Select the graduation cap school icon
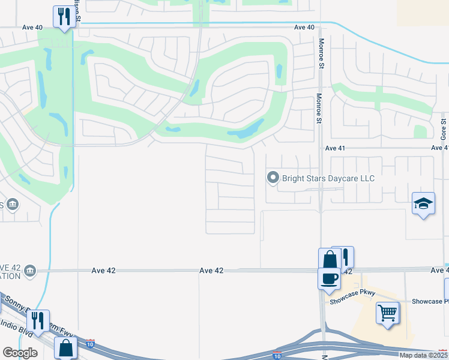tap(423, 203)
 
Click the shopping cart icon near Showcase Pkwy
tap(387, 312)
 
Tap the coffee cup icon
tap(329, 278)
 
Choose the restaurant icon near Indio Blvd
tap(38, 320)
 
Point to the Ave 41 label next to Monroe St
tap(337, 148)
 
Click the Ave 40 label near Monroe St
tap(304, 27)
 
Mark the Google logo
tap(20, 353)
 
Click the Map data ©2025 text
tap(423, 355)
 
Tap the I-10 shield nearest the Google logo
tap(90, 344)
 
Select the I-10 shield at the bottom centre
tap(277, 355)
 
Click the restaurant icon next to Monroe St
tap(343, 257)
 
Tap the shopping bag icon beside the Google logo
tap(65, 348)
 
